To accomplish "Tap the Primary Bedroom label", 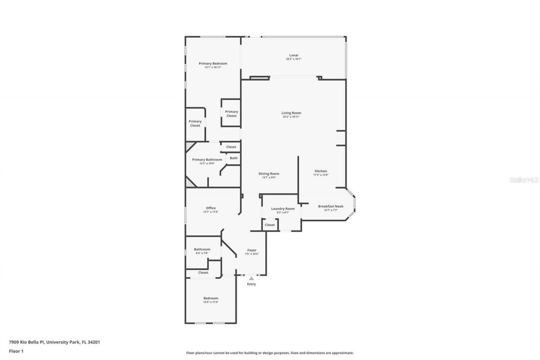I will click(213, 63).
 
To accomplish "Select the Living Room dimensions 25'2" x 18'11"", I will click(292, 117).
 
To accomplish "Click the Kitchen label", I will click(321, 171).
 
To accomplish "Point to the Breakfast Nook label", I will click(331, 206).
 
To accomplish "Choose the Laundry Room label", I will click(283, 208).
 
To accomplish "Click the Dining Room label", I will click(269, 173).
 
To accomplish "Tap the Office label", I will click(211, 208).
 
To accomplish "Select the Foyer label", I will click(251, 250).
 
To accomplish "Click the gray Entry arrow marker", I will click(251, 278).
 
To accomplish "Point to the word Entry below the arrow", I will click(251, 284).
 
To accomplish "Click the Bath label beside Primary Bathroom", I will click(234, 158).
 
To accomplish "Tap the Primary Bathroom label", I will click(207, 160).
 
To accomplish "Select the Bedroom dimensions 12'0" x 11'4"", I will click(211, 302).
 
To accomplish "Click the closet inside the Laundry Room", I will click(270, 225).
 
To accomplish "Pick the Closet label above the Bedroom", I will click(203, 273).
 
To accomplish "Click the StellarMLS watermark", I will click(524, 180).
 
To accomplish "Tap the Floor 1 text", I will click(16, 351).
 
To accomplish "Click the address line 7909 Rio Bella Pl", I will click(54, 342).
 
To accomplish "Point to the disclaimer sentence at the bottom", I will click(270, 353).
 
